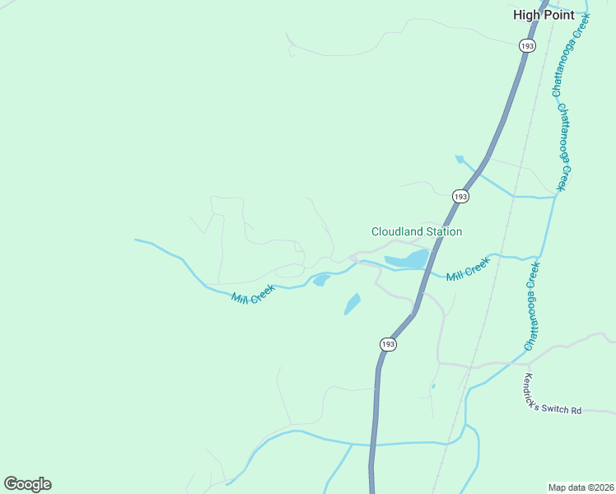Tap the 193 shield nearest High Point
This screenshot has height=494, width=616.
click(528, 46)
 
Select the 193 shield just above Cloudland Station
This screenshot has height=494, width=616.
click(460, 196)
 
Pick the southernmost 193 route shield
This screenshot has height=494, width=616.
click(389, 343)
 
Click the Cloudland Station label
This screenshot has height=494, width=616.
click(417, 232)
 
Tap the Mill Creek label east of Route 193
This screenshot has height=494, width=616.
click(468, 269)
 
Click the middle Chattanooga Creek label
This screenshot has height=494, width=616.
click(564, 147)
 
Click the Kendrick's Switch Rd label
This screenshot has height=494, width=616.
click(553, 395)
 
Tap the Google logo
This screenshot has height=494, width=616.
click(27, 484)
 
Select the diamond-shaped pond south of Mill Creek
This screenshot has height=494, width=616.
click(352, 305)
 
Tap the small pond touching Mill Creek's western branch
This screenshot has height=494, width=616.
click(320, 282)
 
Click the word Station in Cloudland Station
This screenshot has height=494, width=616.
click(442, 232)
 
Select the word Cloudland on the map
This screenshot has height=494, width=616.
click(396, 232)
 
